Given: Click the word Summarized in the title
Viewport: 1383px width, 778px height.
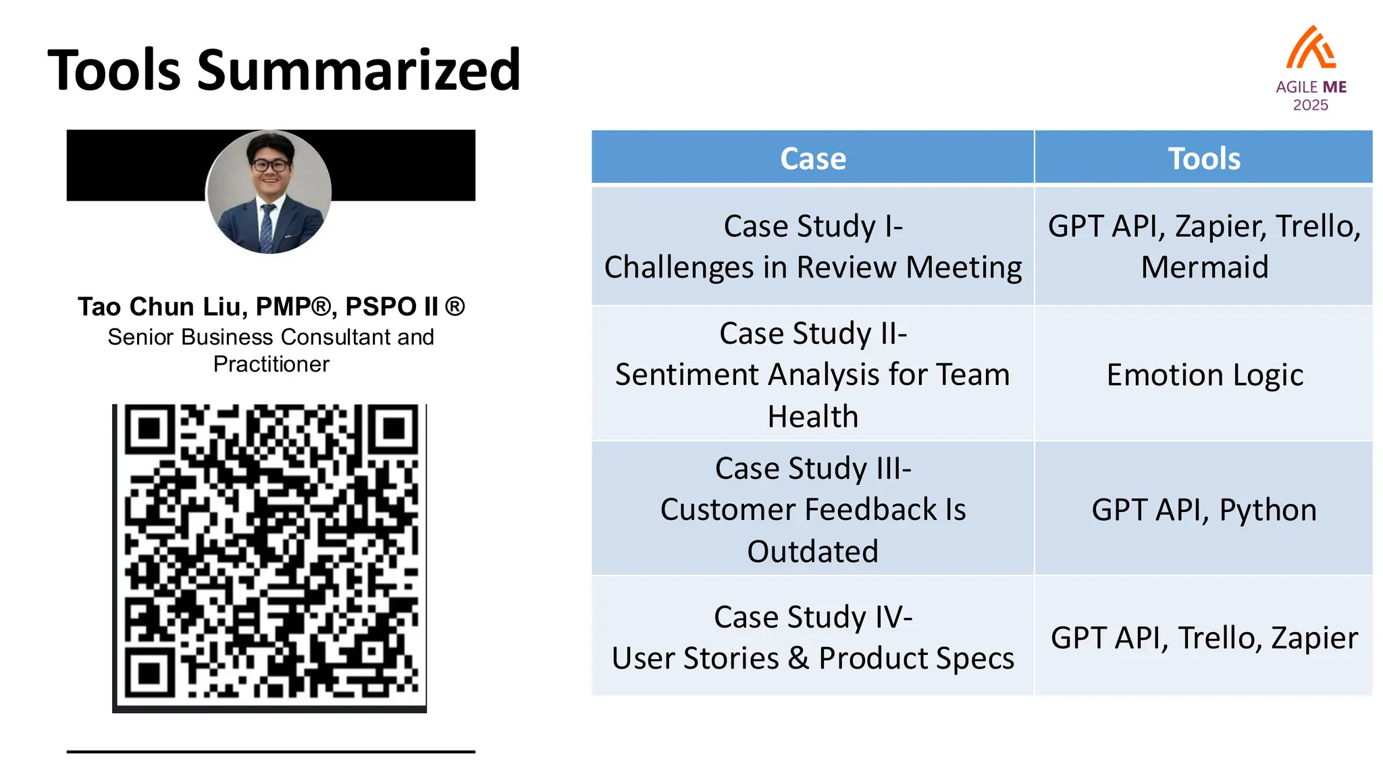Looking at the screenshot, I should pos(359,70).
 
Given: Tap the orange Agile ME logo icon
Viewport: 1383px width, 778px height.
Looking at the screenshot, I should pos(1310,49).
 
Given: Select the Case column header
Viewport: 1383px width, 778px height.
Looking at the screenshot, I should pos(812,158).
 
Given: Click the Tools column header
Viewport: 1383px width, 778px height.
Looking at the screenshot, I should pos(1204,158).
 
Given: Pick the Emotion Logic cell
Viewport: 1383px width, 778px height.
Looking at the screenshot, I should pos(1204,375).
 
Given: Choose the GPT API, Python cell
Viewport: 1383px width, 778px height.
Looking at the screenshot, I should pos(1204,510).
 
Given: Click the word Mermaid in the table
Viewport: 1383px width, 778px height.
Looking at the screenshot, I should pos(1204,267).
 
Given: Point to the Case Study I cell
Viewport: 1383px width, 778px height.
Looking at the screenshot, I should pos(812,246).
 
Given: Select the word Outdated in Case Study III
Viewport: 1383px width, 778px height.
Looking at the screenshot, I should pos(812,552).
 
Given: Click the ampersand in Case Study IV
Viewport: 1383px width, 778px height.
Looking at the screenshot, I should pos(798,658).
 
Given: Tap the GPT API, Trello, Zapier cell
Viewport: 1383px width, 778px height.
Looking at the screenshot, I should pos(1204,638).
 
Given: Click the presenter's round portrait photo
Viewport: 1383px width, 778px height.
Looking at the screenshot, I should pos(269,192).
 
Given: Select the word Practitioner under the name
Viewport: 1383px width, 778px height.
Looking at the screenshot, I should pos(271,365).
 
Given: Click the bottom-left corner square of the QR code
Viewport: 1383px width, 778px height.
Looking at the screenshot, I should pos(149,673).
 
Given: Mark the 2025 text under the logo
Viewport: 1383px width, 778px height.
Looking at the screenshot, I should pos(1310,105).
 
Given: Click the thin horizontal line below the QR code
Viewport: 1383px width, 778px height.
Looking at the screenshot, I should pos(271,751).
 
